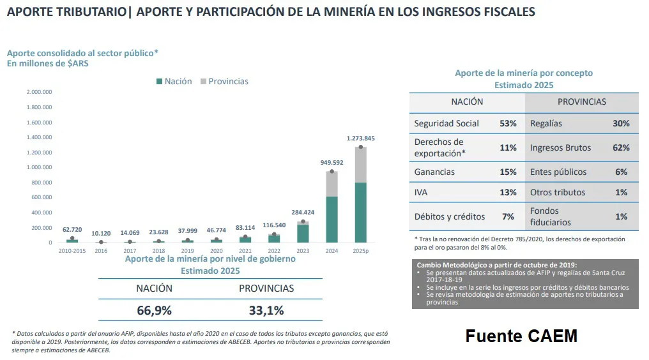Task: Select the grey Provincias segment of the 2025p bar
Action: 360,165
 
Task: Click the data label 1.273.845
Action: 360,139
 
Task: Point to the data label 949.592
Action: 332,163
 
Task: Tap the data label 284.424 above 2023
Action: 303,213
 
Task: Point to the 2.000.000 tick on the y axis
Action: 39,92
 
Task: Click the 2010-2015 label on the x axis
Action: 72,251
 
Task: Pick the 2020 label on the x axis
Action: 217,251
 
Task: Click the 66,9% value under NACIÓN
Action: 154,311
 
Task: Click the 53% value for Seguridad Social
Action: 508,123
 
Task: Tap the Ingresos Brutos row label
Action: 560,147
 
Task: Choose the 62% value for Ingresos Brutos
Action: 621,147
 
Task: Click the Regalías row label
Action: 546,123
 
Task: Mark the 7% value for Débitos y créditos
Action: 508,216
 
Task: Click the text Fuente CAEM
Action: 521,336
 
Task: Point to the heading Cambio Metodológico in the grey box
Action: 496,264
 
